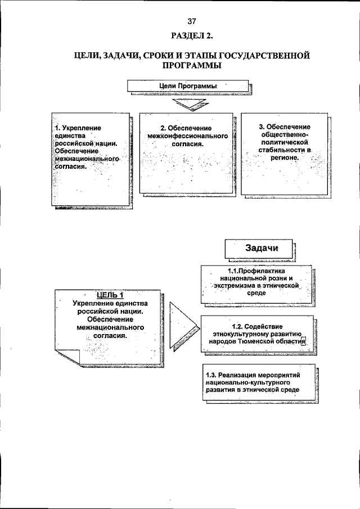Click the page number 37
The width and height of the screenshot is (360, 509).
coord(192,21)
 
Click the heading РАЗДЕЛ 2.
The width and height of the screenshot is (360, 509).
coord(192,35)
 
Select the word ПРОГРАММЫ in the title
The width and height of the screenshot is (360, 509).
coord(192,65)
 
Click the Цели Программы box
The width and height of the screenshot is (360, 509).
coord(188,86)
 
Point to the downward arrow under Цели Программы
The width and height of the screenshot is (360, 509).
coord(189,105)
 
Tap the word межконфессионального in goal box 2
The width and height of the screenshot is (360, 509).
coord(188,136)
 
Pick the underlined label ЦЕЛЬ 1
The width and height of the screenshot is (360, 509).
coord(110,295)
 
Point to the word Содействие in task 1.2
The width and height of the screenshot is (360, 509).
coord(263,327)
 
